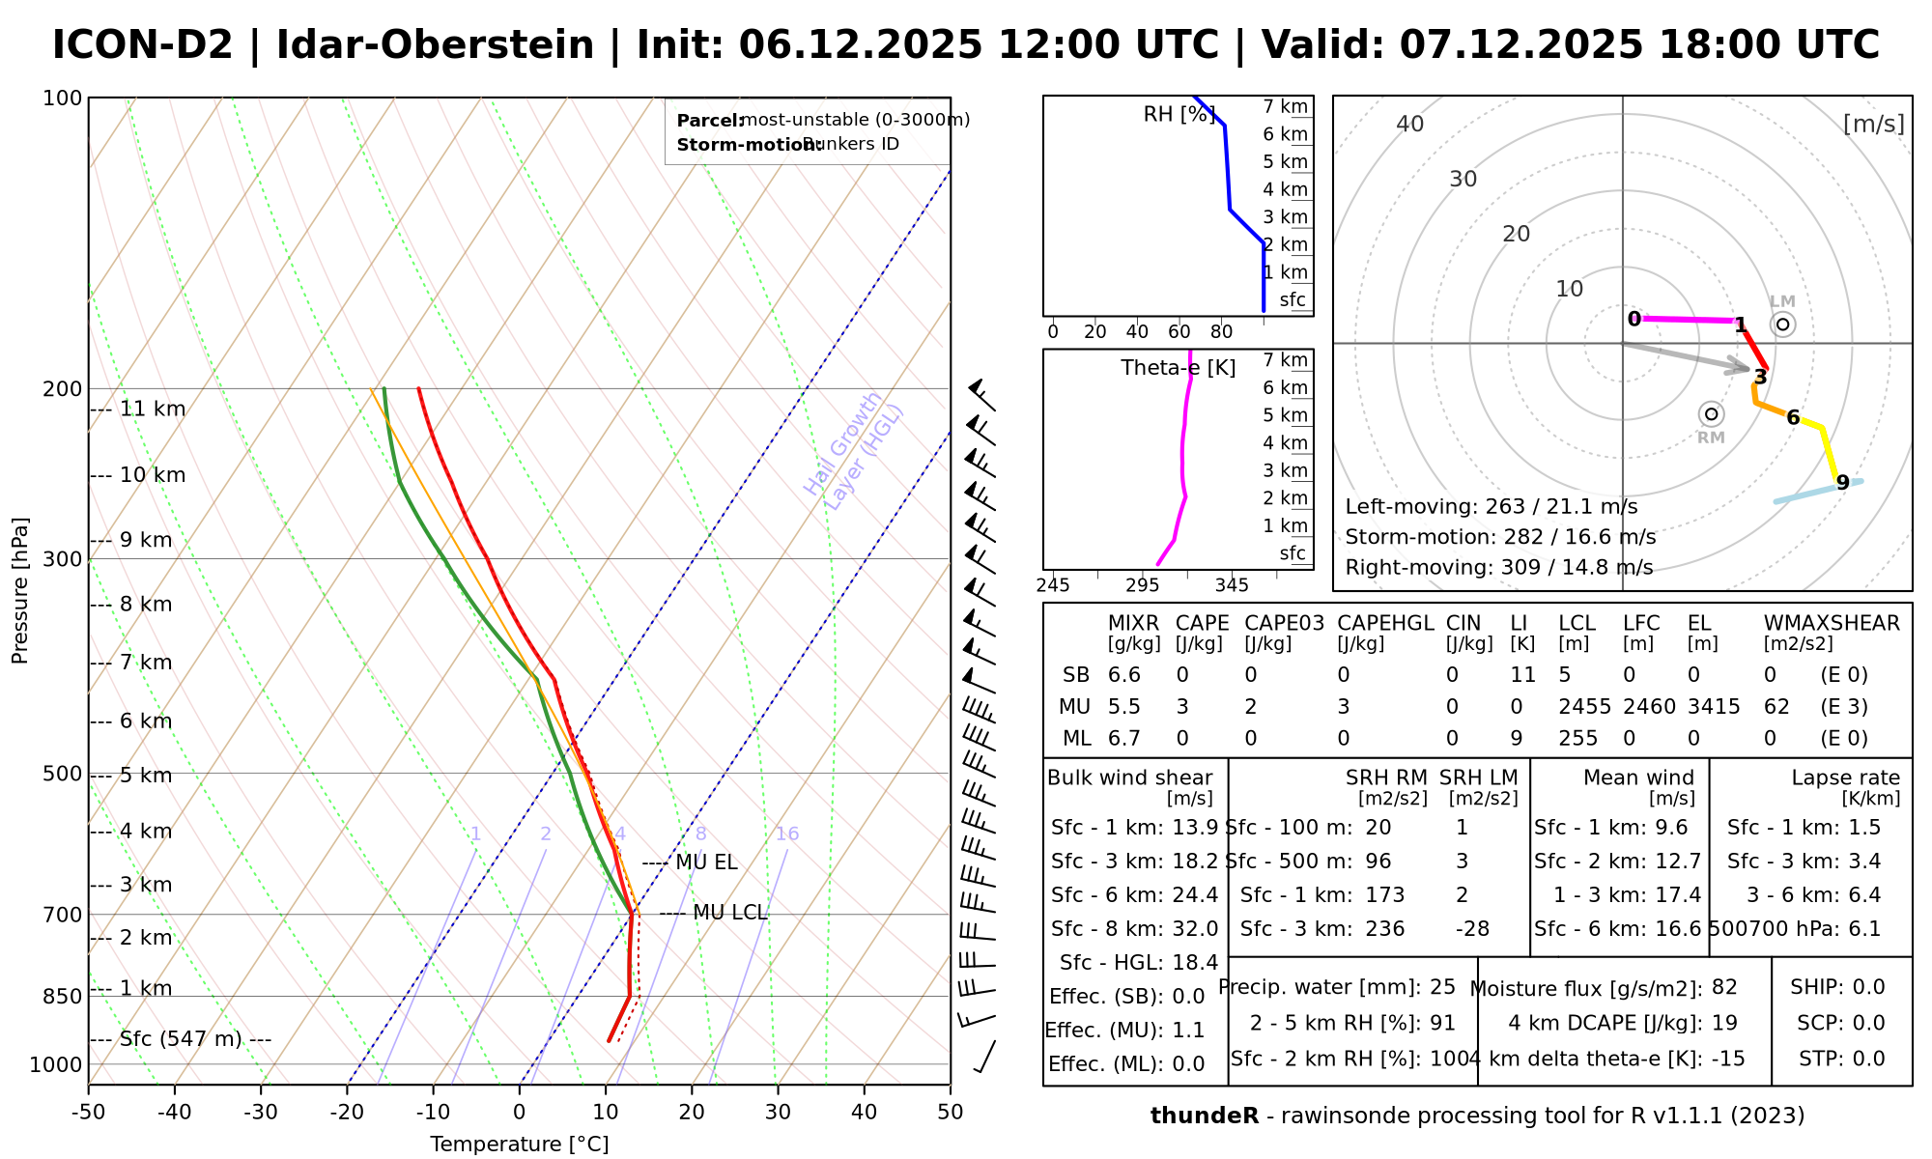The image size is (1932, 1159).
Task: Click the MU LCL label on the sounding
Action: [730, 913]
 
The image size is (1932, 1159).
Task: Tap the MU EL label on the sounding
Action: [706, 862]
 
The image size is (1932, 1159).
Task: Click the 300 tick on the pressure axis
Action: [63, 559]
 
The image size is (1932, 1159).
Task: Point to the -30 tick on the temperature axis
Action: [261, 1112]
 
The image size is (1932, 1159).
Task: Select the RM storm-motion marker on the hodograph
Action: [1712, 414]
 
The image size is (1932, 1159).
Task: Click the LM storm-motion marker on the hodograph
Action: [1783, 325]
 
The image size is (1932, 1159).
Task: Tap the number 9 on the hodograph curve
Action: [1842, 483]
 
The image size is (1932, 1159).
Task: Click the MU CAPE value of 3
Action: [1182, 707]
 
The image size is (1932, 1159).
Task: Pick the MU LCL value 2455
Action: [1584, 707]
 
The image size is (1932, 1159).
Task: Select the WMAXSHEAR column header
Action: [1832, 623]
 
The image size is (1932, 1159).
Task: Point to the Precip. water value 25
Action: [1442, 987]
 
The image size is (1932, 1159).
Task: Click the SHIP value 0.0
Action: [1868, 987]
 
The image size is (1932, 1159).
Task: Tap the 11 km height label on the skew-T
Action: [153, 410]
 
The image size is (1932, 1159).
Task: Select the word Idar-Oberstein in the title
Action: [435, 45]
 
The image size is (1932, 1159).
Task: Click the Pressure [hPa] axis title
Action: [20, 590]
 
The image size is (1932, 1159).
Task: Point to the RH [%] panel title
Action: [1179, 115]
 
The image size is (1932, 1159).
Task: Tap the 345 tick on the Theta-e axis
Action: [1232, 585]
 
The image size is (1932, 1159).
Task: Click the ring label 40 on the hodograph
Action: [1410, 124]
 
